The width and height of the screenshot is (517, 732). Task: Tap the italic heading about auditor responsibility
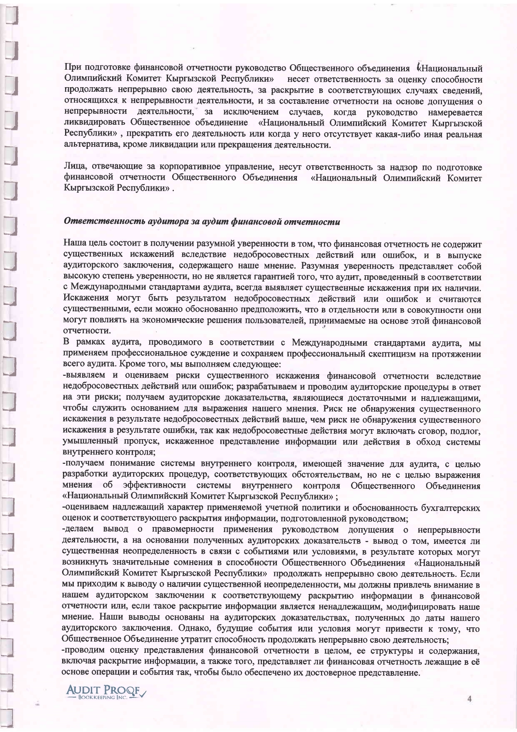coord(201,221)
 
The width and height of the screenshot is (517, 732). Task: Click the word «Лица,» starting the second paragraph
coord(74,167)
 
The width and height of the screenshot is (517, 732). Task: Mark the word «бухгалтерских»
coord(451,508)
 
